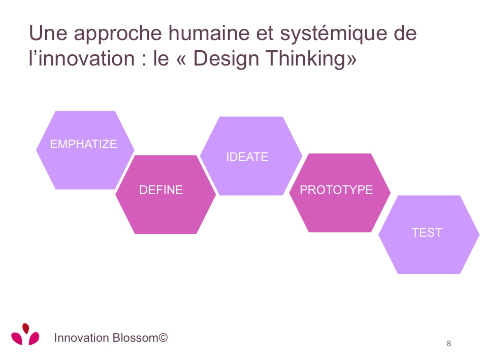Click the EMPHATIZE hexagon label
click(84, 144)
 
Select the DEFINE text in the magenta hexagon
click(161, 190)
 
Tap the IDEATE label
click(247, 157)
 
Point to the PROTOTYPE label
click(336, 190)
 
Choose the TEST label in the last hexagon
click(427, 233)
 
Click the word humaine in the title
click(209, 33)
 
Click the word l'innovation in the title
click(82, 58)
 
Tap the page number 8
click(449, 343)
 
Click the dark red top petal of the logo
click(26, 328)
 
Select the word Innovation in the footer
click(81, 338)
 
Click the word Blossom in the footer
click(135, 338)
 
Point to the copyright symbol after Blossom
click(163, 337)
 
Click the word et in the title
click(265, 34)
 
